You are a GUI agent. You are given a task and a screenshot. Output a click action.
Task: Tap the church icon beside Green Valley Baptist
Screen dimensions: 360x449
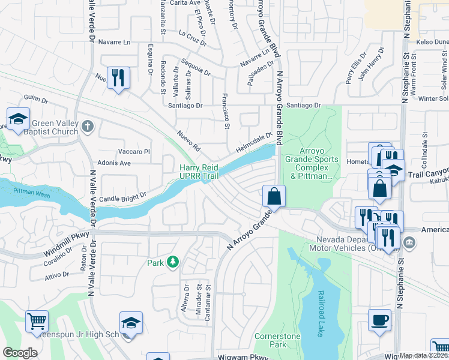[88, 127]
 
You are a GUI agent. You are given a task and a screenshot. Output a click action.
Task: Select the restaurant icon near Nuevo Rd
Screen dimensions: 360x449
[118, 77]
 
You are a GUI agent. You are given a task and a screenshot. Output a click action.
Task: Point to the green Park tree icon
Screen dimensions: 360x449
[172, 262]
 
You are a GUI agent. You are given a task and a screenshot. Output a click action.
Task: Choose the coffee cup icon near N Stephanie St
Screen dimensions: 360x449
[379, 320]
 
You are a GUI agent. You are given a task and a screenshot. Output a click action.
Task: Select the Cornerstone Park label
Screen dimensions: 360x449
[277, 340]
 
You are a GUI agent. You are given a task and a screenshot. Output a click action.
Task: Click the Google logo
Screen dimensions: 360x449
[20, 353]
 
